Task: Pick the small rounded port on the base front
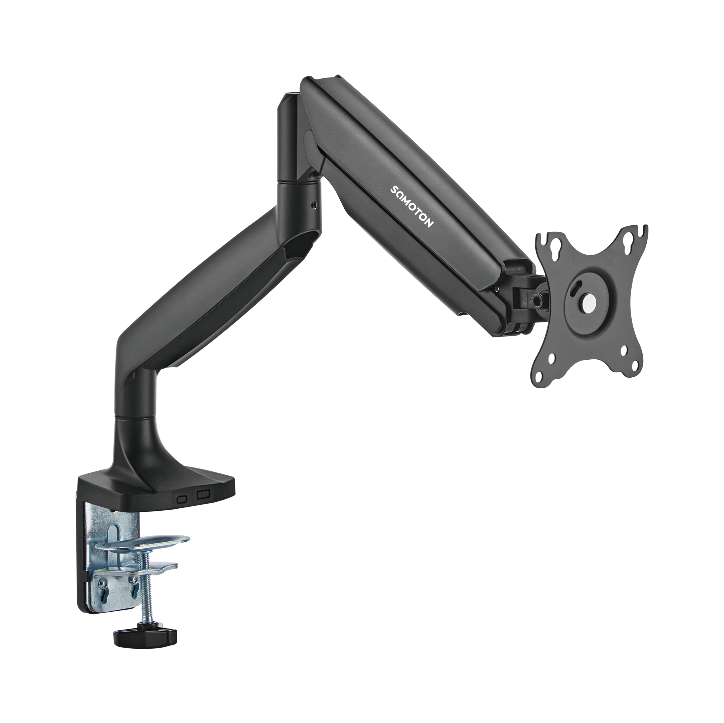click(x=183, y=499)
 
